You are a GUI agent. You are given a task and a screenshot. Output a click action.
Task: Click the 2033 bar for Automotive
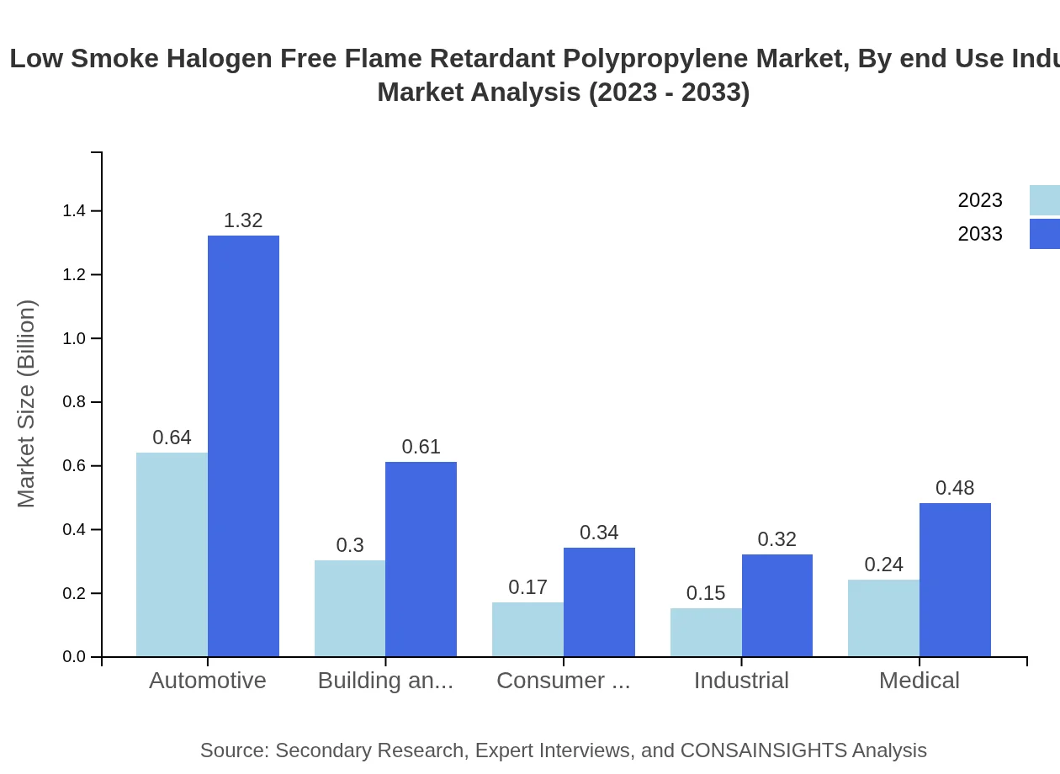(x=243, y=446)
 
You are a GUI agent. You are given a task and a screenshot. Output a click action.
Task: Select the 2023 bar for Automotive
(x=172, y=554)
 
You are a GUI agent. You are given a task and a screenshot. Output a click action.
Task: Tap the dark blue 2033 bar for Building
(x=421, y=559)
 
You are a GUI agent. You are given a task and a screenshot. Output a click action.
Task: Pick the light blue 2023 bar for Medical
(x=883, y=618)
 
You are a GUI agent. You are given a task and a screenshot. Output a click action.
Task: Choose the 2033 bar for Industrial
(x=777, y=606)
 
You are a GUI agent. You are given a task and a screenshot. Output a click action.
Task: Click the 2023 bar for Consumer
(x=527, y=629)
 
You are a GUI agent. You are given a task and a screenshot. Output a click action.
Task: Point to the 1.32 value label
(x=243, y=220)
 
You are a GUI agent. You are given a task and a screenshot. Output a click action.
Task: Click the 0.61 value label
(x=421, y=447)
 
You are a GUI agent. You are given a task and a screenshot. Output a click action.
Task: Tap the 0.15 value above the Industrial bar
(x=706, y=593)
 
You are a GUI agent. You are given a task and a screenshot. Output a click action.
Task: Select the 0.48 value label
(x=955, y=488)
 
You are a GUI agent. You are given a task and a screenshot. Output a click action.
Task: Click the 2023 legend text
(x=980, y=200)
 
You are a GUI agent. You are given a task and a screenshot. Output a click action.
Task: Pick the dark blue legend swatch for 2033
(x=1044, y=234)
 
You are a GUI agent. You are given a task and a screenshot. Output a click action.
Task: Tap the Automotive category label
(x=208, y=681)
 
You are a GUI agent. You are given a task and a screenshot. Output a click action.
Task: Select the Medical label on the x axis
(x=919, y=681)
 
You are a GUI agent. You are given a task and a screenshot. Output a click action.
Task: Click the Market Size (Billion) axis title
(x=27, y=404)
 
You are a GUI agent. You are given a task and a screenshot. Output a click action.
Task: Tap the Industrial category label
(x=741, y=681)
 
